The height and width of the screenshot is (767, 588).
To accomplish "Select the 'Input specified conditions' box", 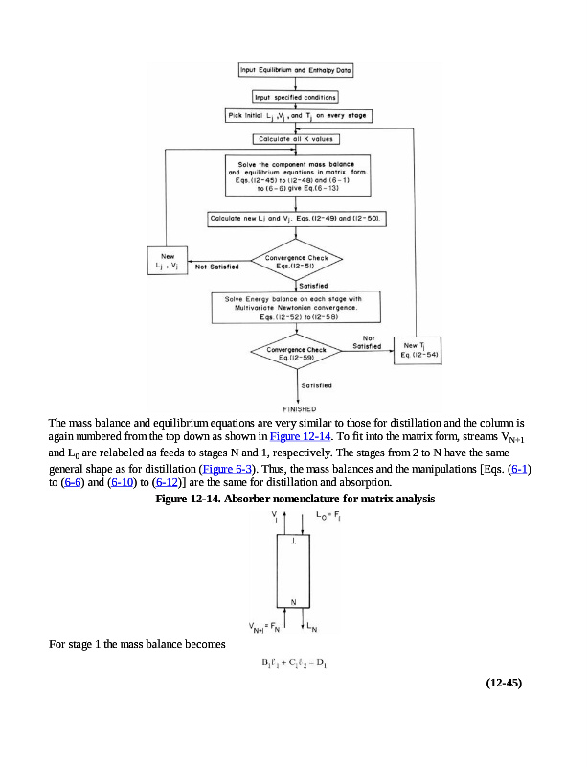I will click(x=294, y=97).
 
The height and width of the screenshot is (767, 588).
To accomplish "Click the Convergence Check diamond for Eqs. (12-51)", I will click(x=295, y=258).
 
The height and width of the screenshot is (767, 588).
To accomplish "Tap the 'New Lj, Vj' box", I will click(x=168, y=262).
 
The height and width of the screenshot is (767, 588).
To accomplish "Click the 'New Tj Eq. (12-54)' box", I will click(x=418, y=350).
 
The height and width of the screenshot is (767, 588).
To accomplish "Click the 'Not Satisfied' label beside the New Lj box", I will click(x=216, y=267).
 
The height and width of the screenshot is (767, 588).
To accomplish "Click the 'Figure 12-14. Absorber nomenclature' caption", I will click(x=293, y=500).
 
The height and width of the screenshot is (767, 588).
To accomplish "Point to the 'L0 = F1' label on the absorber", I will click(x=334, y=515).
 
